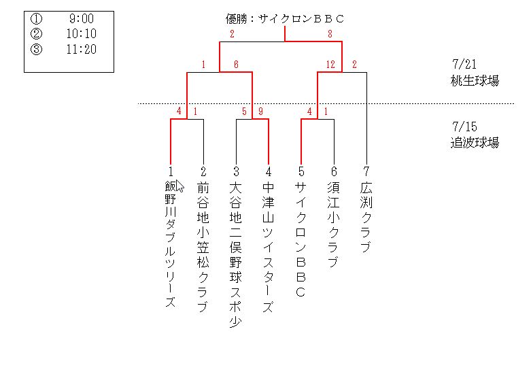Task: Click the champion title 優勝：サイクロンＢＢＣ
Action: coord(285,19)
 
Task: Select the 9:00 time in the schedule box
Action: coord(81,20)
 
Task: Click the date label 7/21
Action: coord(464,65)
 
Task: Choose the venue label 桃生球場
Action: coord(475,81)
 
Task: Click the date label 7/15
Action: coord(464,127)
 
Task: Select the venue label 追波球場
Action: coord(475,143)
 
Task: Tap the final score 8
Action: coord(330,33)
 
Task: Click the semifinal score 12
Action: coord(330,65)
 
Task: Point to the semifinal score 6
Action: coord(236,65)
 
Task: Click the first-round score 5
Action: coord(244,112)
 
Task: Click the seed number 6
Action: coord(334,171)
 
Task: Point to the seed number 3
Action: coord(236,171)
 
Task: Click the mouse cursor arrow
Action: coord(179,186)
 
